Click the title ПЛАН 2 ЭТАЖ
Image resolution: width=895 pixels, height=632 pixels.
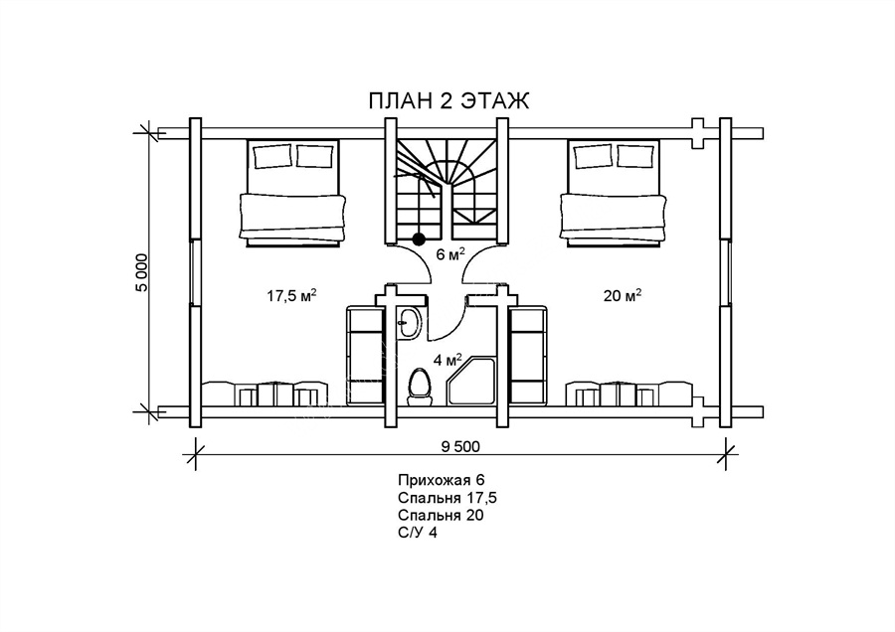[448, 100]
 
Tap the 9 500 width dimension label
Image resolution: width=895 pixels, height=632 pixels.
[460, 446]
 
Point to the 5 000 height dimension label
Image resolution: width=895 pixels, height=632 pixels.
[141, 272]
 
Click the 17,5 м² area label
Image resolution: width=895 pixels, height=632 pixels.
[291, 295]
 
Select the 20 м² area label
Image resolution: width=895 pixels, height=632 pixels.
[623, 295]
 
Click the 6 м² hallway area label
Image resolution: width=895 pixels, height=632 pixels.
[449, 253]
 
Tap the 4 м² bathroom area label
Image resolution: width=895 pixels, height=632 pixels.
[447, 360]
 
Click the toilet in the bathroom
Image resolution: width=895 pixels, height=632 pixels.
[420, 387]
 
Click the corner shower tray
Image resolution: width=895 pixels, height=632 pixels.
[472, 381]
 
